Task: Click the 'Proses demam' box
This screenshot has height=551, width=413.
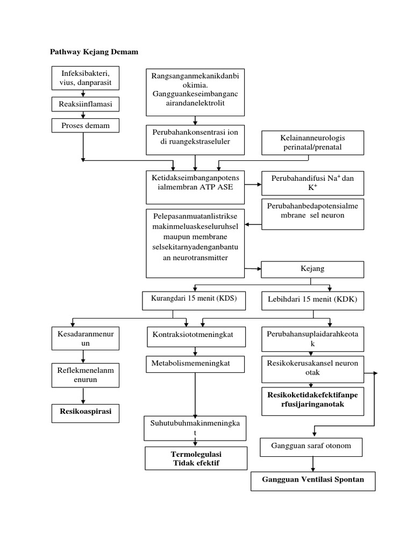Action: coord(85,126)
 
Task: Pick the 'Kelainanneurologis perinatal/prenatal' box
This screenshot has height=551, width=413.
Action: coord(313,142)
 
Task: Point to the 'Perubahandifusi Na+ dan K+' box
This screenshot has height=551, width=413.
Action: coord(313,183)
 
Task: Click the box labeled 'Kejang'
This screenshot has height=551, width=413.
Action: coord(313,269)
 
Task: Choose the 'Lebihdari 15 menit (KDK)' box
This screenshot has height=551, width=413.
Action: coord(312,300)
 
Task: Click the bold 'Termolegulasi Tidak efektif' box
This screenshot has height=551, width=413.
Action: coord(196,458)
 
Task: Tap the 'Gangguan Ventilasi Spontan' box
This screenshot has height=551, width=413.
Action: coord(312,480)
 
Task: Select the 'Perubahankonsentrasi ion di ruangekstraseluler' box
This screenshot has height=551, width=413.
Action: coord(195,139)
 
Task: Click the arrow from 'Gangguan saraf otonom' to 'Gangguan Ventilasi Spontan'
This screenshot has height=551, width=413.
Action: coord(312,464)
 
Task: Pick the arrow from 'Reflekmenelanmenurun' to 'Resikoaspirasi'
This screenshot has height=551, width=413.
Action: coord(83,395)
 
